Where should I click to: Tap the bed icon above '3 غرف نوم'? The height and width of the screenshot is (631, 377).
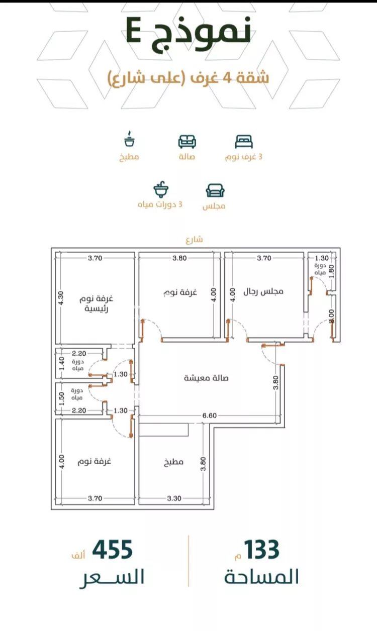click(244, 142)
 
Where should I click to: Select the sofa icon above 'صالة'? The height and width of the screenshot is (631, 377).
click(187, 142)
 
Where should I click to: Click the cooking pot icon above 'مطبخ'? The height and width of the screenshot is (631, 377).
click(129, 139)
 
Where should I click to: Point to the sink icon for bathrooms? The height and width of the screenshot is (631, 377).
click(161, 189)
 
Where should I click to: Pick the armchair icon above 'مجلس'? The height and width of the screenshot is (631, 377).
click(215, 190)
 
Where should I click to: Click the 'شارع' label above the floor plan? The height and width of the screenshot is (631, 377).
click(194, 240)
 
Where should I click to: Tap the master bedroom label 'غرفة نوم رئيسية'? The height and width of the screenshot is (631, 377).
click(97, 303)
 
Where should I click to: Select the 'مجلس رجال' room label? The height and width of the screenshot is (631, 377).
click(263, 291)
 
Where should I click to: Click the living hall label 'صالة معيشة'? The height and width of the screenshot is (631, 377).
click(206, 378)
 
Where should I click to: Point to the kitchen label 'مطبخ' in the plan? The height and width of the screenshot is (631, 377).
click(173, 462)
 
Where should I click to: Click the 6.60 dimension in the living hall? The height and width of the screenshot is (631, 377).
click(209, 415)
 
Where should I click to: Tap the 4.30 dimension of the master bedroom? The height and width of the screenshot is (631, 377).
click(61, 298)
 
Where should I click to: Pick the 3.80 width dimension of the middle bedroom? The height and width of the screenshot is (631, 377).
click(179, 258)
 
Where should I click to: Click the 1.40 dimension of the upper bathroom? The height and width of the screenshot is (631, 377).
click(62, 364)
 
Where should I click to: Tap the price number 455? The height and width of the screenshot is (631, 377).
click(113, 550)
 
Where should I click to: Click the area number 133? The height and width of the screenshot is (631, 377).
click(261, 550)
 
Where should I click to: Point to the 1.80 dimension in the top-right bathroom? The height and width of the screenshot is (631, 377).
click(332, 271)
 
